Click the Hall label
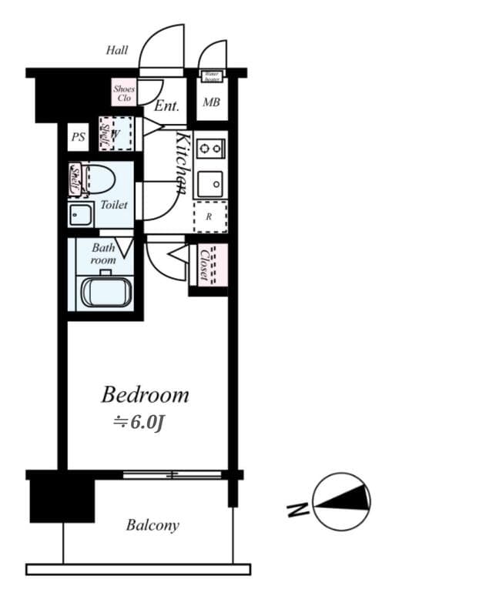(117, 51)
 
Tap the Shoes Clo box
(124, 94)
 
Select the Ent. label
(166, 106)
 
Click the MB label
(210, 102)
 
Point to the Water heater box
(212, 76)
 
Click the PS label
(78, 138)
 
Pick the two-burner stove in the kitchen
(209, 146)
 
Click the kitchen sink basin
(209, 185)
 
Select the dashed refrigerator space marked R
(209, 217)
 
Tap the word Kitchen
(183, 162)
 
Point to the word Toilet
(114, 206)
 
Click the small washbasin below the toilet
(80, 215)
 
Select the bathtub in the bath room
(107, 292)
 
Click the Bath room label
(103, 254)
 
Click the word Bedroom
(145, 395)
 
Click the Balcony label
(152, 526)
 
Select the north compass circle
(341, 501)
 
